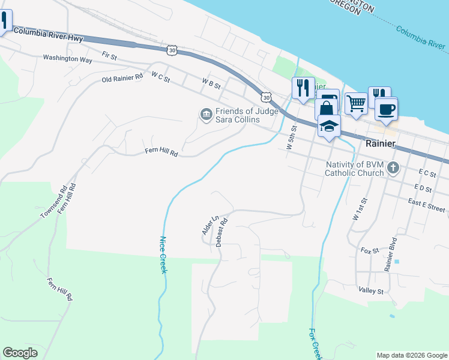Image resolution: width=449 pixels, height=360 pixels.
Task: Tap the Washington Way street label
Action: tap(67, 59)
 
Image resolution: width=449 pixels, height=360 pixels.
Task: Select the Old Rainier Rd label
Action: tap(122, 78)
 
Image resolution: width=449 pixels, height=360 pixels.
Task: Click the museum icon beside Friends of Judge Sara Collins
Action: tap(206, 113)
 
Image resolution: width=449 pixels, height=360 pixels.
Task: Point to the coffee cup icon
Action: tap(386, 109)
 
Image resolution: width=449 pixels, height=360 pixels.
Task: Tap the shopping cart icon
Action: tap(357, 104)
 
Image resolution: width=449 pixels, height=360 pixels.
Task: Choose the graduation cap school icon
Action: tap(329, 125)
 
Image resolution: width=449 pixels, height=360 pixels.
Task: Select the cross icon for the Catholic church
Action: tap(393, 167)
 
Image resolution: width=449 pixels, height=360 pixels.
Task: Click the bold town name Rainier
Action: tap(380, 144)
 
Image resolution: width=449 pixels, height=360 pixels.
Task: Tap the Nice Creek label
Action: tap(162, 255)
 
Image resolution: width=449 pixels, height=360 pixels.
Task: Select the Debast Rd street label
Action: tap(221, 232)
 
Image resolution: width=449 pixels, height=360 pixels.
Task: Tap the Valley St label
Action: tap(371, 291)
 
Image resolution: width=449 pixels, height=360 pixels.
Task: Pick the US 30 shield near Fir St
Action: tap(172, 51)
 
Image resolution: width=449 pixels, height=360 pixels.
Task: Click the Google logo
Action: tap(20, 353)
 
